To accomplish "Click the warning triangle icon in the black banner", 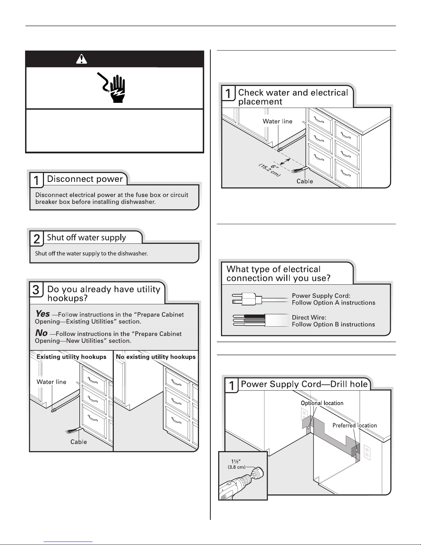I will [x=81, y=59].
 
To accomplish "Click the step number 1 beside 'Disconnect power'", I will [x=36, y=180].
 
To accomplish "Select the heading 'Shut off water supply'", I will [x=86, y=238].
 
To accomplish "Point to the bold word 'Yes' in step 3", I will [x=43, y=314].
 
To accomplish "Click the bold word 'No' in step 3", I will [x=41, y=333].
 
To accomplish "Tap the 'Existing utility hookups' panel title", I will [x=71, y=357].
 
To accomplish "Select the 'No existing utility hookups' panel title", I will [x=156, y=357].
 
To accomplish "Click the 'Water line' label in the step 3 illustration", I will [x=52, y=382].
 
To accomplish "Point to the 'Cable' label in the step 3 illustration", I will [x=78, y=442].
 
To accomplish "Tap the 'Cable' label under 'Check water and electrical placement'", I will [x=304, y=181].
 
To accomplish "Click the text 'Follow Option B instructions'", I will [x=333, y=324].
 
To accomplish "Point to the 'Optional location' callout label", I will [x=322, y=403].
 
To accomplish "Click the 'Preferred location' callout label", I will [x=354, y=425].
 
